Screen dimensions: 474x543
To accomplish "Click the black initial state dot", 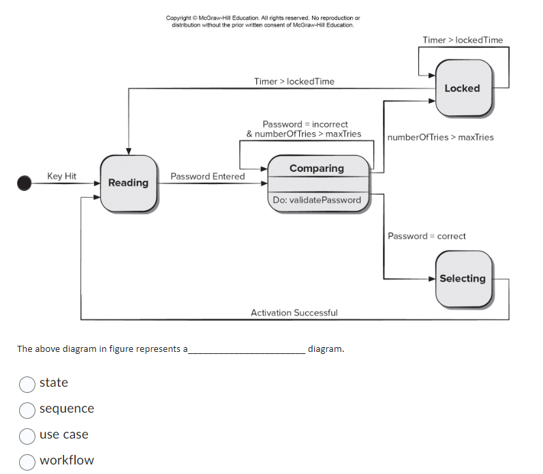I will pyautogui.click(x=25, y=183).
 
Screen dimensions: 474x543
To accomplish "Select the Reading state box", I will pyautogui.click(x=128, y=183).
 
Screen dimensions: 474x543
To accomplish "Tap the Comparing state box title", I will pyautogui.click(x=317, y=168).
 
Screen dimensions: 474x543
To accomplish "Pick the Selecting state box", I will pyautogui.click(x=463, y=278).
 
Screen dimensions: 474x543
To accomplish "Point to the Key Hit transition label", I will pyautogui.click(x=62, y=176).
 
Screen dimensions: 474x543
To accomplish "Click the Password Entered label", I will pyautogui.click(x=208, y=176).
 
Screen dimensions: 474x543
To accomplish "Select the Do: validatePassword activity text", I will pyautogui.click(x=317, y=200).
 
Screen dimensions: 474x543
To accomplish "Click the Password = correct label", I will pyautogui.click(x=426, y=236).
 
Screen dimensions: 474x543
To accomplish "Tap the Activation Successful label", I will pyautogui.click(x=294, y=312).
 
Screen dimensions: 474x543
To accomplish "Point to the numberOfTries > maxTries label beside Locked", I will pyautogui.click(x=441, y=137).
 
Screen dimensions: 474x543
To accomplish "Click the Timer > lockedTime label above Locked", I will pyautogui.click(x=463, y=40).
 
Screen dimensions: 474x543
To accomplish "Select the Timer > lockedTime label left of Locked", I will pyautogui.click(x=294, y=81).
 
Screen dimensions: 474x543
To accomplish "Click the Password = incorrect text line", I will pyautogui.click(x=305, y=124).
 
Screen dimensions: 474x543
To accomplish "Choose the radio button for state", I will pyautogui.click(x=27, y=383).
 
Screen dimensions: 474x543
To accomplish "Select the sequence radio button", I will pyautogui.click(x=27, y=409).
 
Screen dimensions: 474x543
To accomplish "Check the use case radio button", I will pyautogui.click(x=27, y=435).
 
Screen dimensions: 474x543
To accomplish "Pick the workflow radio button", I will pyautogui.click(x=27, y=461).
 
